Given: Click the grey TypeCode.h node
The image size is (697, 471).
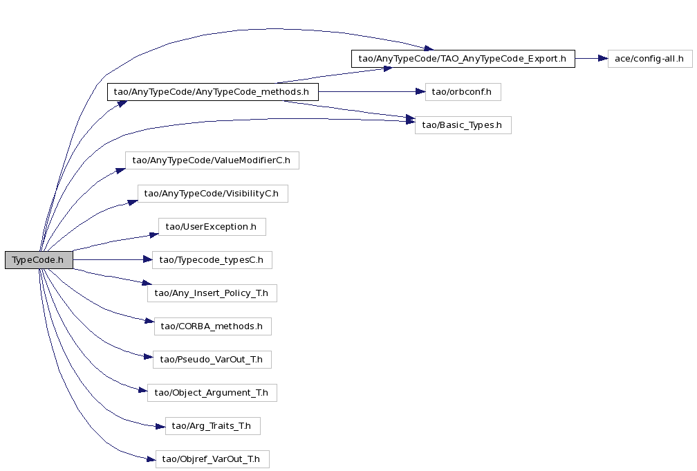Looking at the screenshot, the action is point(39,260).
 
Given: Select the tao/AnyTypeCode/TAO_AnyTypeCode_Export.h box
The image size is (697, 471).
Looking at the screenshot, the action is point(463,59).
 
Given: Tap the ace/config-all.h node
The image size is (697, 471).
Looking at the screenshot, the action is point(650,59).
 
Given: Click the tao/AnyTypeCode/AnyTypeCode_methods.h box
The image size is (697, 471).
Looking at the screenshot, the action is point(212,92).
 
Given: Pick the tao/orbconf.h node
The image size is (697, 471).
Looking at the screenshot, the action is point(463,92).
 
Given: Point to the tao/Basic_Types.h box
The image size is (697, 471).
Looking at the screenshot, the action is point(463,125).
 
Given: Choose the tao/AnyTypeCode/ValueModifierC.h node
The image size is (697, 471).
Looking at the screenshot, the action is point(212,160).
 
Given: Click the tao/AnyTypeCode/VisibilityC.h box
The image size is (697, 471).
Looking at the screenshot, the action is point(212,194).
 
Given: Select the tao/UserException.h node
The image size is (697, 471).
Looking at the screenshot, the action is point(212,227).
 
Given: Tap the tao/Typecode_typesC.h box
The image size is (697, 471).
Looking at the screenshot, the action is point(212,260).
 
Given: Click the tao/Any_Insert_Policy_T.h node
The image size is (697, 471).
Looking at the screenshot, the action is point(212,293).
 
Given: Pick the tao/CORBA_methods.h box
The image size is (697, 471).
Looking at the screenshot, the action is point(212,326).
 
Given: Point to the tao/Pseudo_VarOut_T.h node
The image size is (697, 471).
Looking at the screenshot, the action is point(212,360).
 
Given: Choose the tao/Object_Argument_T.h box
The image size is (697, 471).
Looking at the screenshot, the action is point(212,393).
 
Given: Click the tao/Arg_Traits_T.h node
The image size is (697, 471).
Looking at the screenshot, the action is point(212,426).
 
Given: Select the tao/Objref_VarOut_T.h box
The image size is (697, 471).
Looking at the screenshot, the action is point(212,459).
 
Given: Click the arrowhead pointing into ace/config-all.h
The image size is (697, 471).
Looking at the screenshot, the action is point(603,58).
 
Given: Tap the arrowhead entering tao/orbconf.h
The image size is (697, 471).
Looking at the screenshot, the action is point(420,91).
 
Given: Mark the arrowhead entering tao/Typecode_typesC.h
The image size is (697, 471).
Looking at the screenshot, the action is point(147,260).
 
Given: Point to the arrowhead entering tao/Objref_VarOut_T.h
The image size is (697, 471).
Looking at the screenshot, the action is point(151,459).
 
